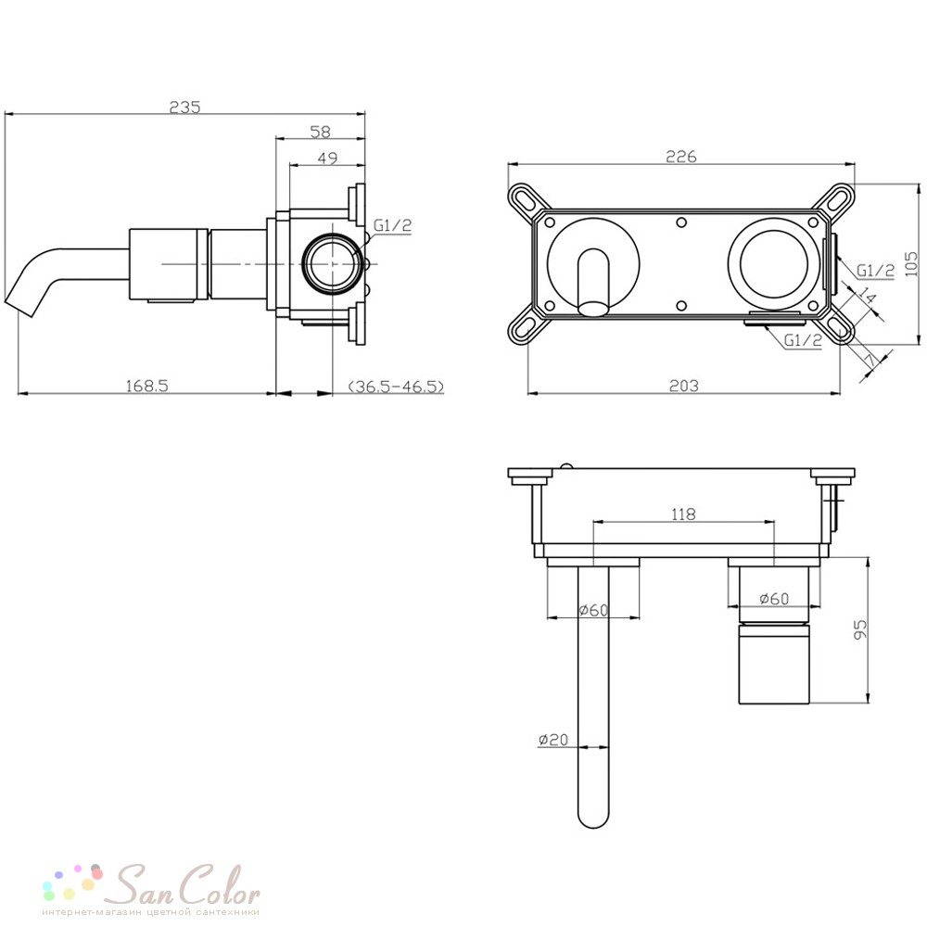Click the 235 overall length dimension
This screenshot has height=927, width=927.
point(185,107)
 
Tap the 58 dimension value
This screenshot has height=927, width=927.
point(321,132)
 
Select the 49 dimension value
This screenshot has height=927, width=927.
point(327,158)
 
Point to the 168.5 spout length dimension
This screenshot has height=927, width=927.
point(147,386)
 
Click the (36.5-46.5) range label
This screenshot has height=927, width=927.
point(396,387)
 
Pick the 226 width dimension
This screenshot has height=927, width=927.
point(681,156)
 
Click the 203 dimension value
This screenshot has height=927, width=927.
point(683,386)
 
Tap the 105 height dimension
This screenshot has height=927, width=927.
point(911,264)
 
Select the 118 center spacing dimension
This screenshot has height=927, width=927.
point(683,514)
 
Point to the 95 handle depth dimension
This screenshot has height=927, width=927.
point(860,629)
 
